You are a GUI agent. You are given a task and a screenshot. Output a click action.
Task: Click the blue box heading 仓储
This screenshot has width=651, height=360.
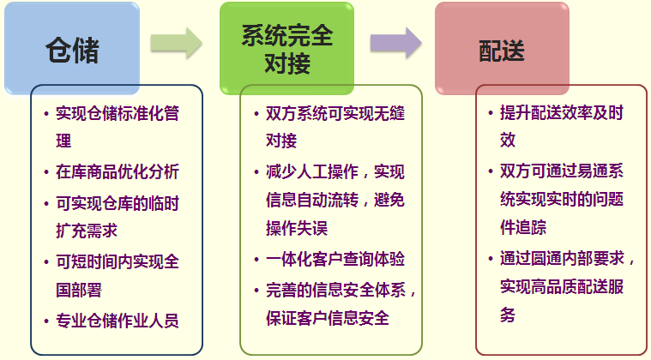pos(72,48)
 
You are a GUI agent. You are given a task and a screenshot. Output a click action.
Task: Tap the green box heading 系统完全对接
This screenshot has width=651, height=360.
pos(286,48)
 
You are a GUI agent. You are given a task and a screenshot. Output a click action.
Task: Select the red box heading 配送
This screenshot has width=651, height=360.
pos(502,48)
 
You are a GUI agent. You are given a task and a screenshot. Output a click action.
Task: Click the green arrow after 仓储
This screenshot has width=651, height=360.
pos(176,43)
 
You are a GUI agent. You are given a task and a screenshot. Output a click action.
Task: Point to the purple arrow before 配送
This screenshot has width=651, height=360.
pos(395,43)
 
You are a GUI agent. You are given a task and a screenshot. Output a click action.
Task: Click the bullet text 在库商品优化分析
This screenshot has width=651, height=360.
pos(118,171)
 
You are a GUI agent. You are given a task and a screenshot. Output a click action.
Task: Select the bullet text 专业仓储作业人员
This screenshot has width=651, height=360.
pos(118,321)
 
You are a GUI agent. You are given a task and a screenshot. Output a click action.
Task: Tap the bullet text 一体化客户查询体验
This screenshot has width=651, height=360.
pos(335,259)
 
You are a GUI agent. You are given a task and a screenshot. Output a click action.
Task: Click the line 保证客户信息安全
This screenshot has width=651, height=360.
pos(328,318)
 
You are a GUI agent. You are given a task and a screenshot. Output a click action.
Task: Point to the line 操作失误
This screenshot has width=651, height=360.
pos(297,228)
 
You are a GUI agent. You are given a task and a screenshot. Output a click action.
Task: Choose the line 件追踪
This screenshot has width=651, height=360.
pos(523,227)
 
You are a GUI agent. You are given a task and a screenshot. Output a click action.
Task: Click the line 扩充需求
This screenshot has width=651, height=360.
pos(87,231)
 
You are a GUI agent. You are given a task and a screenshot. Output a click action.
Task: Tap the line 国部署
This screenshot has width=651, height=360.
pos(79,290)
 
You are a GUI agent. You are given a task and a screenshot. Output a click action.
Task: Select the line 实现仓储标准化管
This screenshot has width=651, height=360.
pos(118,113)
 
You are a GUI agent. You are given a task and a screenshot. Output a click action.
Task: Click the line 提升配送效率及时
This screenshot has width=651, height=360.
pos(562,112)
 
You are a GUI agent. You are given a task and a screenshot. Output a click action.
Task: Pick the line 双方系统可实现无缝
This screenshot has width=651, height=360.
pos(335,113)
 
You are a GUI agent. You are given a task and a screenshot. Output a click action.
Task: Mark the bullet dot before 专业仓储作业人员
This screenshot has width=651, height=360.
pos(46,321)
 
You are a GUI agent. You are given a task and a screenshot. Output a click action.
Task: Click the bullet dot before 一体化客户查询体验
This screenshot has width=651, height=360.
pos(256,260)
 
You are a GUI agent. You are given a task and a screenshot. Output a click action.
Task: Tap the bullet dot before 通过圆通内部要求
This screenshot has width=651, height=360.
pos(491,259)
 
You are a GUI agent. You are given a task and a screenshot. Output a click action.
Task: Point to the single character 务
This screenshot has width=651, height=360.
pos(508,315)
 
